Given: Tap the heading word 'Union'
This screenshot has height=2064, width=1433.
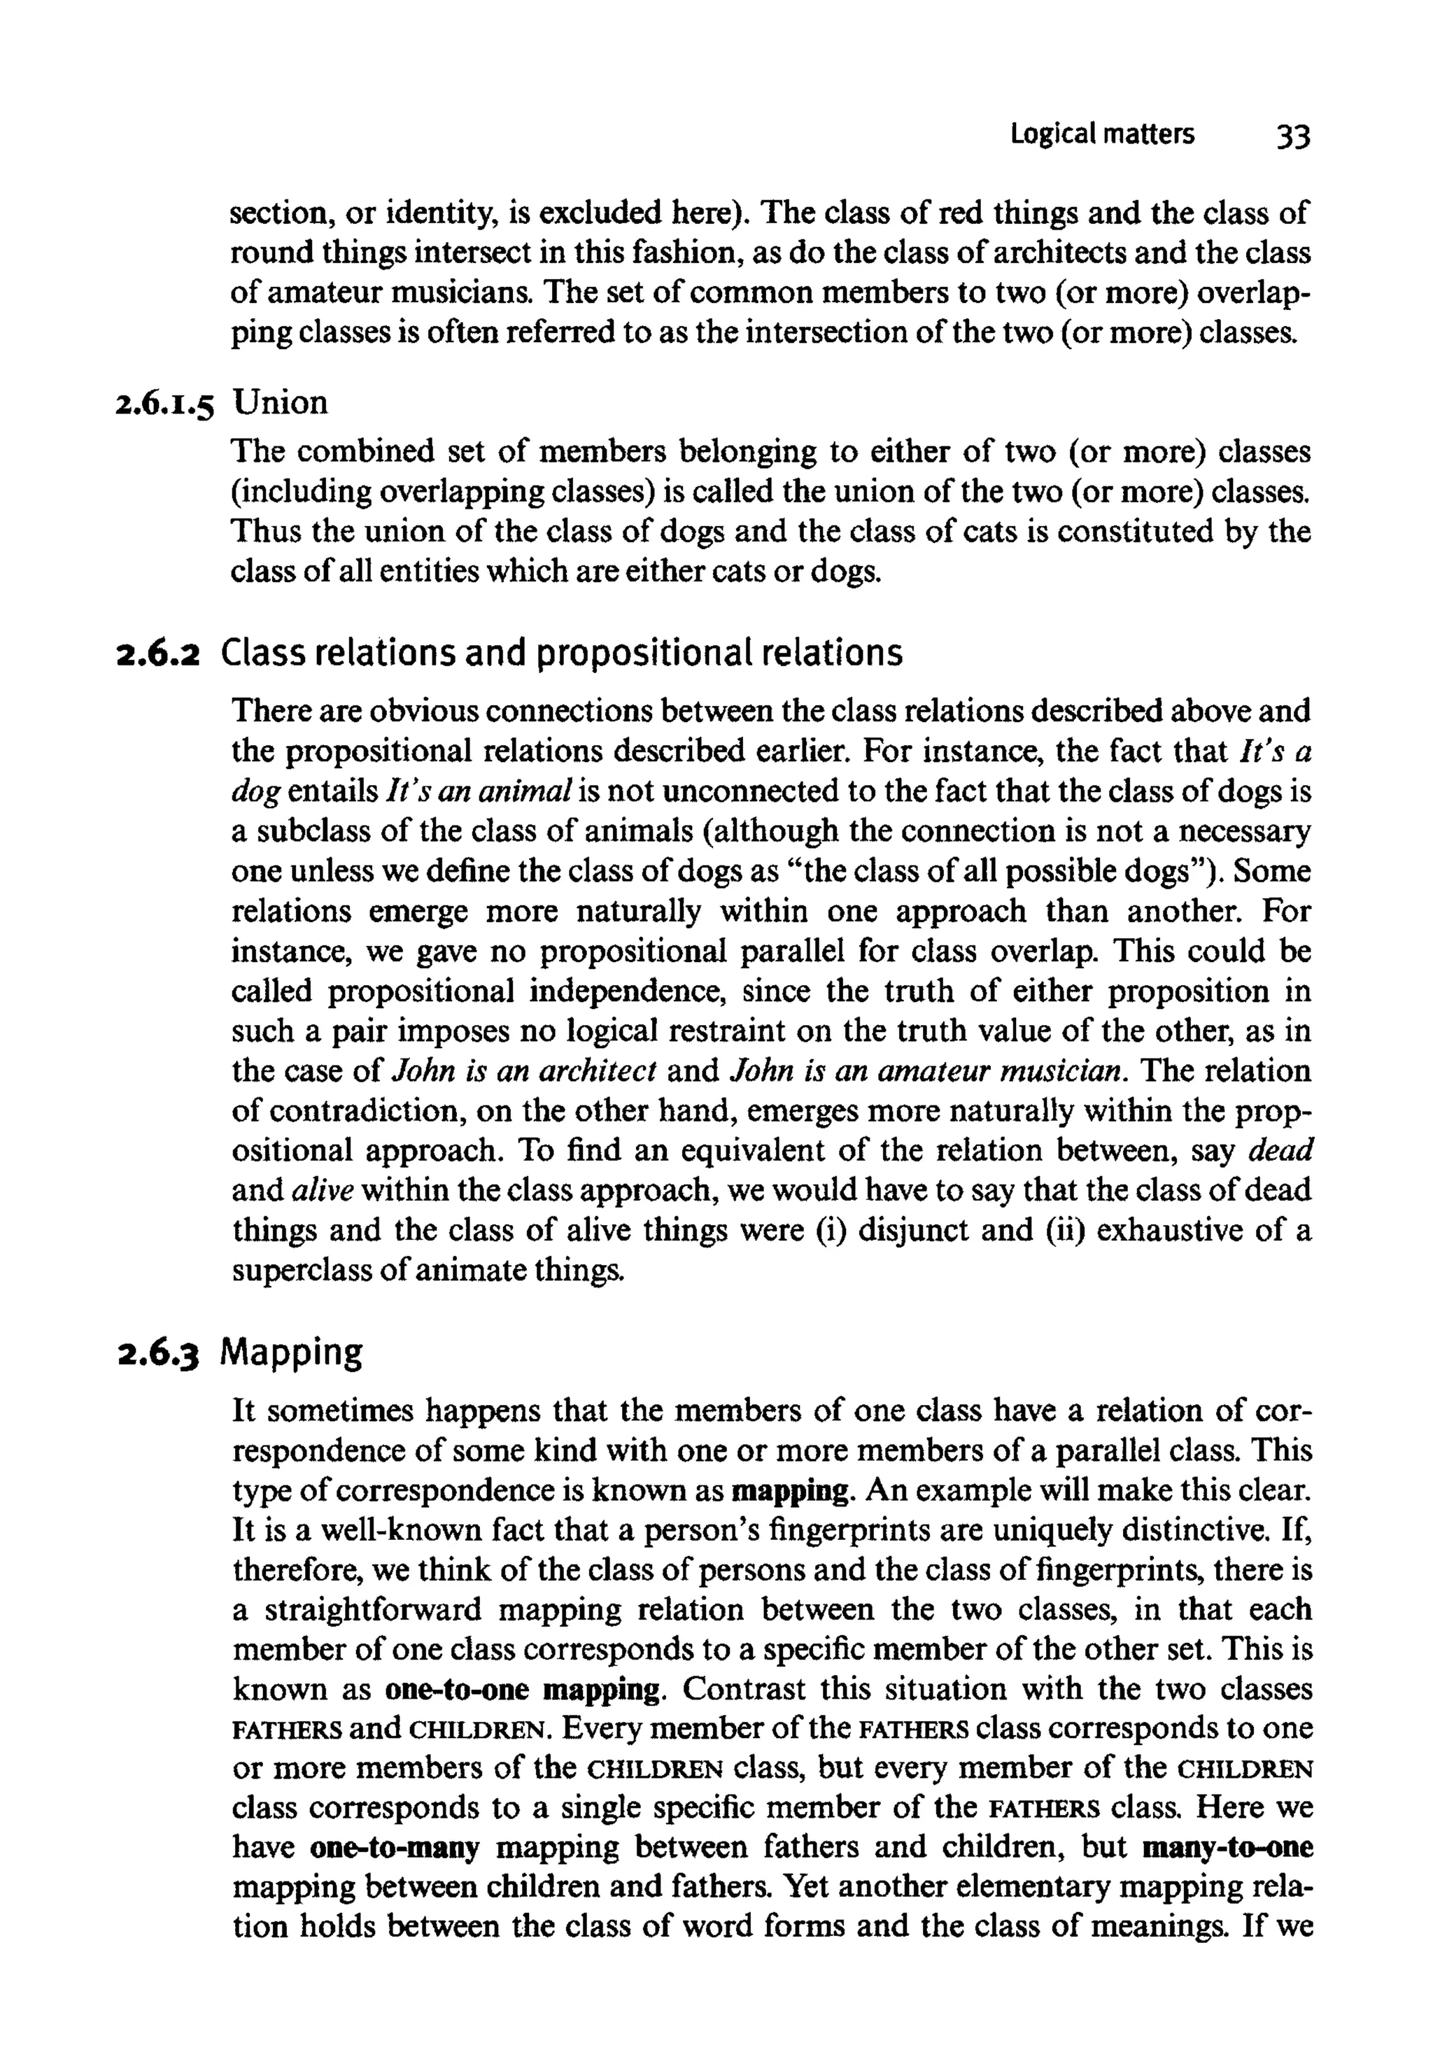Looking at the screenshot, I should pyautogui.click(x=281, y=402).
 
